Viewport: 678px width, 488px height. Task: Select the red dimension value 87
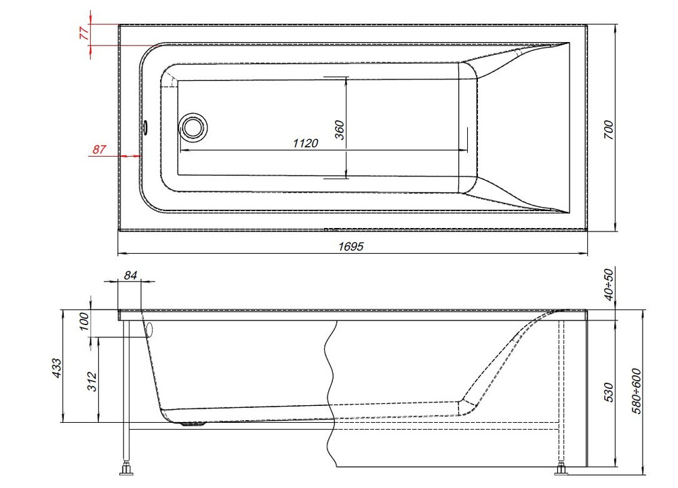tap(100, 150)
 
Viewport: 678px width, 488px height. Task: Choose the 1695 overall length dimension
tap(352, 246)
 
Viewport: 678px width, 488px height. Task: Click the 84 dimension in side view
tap(131, 275)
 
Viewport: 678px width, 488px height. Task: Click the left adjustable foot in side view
tap(126, 468)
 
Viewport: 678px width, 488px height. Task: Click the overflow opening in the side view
tap(149, 331)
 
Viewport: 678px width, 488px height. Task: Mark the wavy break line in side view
tap(331, 394)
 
